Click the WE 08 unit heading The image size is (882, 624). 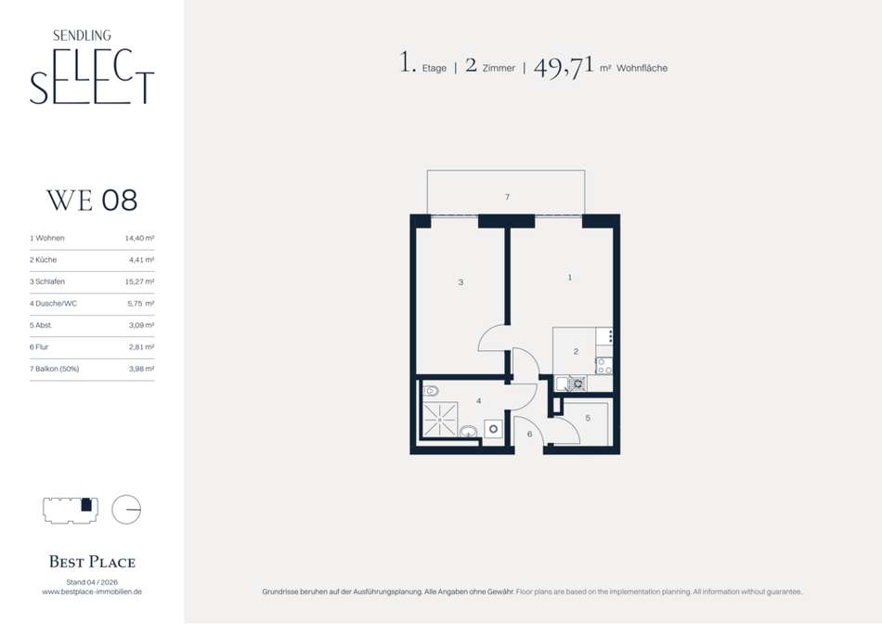pyautogui.click(x=92, y=201)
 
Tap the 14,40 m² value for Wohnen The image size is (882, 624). pyautogui.click(x=139, y=238)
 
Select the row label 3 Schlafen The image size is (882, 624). pyautogui.click(x=47, y=281)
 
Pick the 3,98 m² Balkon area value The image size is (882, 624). pyautogui.click(x=141, y=369)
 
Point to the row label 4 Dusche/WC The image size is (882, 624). pyautogui.click(x=54, y=304)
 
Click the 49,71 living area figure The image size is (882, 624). pyautogui.click(x=564, y=67)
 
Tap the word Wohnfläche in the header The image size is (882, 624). pyautogui.click(x=642, y=68)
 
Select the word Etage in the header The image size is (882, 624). pyautogui.click(x=435, y=68)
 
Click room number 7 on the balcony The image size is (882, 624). pyautogui.click(x=507, y=197)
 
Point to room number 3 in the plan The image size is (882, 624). pyautogui.click(x=460, y=282)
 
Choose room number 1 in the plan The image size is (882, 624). pyautogui.click(x=570, y=278)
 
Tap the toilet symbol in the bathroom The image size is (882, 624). pyautogui.click(x=431, y=391)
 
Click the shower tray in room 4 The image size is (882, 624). pyautogui.click(x=440, y=419)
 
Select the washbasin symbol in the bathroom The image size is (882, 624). pyautogui.click(x=469, y=432)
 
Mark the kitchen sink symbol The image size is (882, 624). pyautogui.click(x=563, y=383)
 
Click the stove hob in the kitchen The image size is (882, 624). pyautogui.click(x=603, y=366)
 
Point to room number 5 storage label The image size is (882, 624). pyautogui.click(x=588, y=418)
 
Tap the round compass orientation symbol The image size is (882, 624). pyautogui.click(x=126, y=509)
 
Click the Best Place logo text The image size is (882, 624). pyautogui.click(x=92, y=562)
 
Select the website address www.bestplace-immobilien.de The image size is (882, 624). pyautogui.click(x=92, y=591)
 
